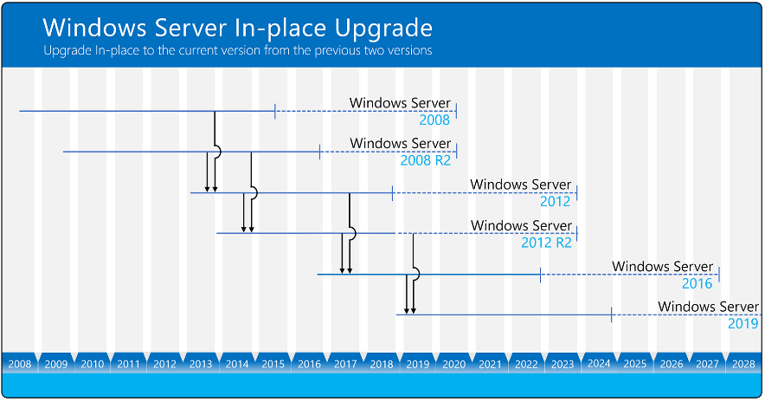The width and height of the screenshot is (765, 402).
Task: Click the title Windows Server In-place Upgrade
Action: pyautogui.click(x=238, y=29)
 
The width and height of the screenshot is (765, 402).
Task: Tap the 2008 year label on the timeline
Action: pyautogui.click(x=20, y=364)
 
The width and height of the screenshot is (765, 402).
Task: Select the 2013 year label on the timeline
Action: pyautogui.click(x=201, y=364)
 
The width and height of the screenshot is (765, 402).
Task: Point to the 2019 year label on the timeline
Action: pyautogui.click(x=418, y=364)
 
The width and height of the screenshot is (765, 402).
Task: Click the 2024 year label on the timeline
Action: pyautogui.click(x=599, y=364)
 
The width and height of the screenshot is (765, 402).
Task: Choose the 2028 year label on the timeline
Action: pyautogui.click(x=743, y=364)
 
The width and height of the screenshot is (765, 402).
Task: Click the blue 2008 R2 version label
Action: pyautogui.click(x=426, y=160)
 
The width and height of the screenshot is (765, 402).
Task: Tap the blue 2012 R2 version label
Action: pyautogui.click(x=546, y=243)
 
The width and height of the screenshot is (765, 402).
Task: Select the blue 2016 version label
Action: pyautogui.click(x=697, y=284)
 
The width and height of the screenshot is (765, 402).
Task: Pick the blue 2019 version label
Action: pyautogui.click(x=743, y=323)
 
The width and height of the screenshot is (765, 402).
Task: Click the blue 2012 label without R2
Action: pyautogui.click(x=556, y=202)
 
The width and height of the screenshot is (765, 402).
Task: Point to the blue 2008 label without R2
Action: pyautogui.click(x=434, y=120)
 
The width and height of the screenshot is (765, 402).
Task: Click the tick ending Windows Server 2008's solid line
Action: pyautogui.click(x=275, y=112)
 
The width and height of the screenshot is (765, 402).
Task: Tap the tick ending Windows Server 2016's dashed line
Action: pyautogui.click(x=719, y=275)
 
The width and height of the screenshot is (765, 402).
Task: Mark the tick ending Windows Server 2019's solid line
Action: pyautogui.click(x=611, y=315)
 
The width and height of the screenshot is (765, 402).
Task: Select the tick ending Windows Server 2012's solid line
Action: pyautogui.click(x=393, y=193)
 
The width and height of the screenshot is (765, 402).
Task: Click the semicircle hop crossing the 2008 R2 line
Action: pyautogui.click(x=220, y=152)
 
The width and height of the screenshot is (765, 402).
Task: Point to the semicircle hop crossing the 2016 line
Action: pyautogui.click(x=418, y=274)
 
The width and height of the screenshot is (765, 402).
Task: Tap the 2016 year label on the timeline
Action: pyautogui.click(x=309, y=364)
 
